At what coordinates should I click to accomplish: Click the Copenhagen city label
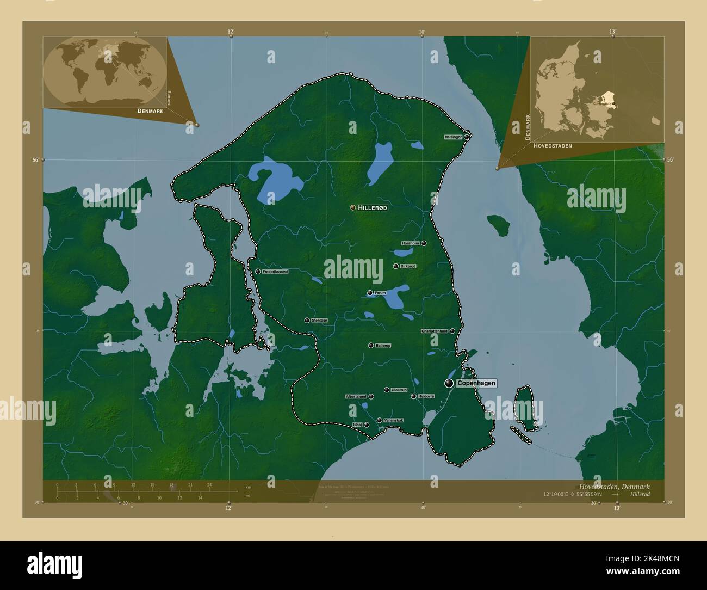click(476, 384)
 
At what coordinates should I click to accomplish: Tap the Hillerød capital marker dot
click(353, 207)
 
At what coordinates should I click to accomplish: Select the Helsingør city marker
click(467, 137)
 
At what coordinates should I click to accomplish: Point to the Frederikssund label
click(275, 271)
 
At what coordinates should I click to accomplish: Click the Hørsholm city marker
click(424, 243)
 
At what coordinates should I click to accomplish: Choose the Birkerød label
click(408, 266)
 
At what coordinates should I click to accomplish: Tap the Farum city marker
click(370, 293)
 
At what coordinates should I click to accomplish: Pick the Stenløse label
click(320, 321)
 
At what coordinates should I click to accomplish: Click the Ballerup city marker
click(371, 345)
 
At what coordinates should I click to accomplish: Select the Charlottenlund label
click(435, 331)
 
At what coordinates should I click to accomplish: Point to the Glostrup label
click(399, 390)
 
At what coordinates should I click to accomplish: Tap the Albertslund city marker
click(371, 397)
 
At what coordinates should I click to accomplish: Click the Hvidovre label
click(426, 396)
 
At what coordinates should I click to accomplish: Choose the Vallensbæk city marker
click(379, 420)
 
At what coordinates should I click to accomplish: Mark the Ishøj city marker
click(367, 425)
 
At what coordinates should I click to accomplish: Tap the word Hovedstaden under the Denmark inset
click(553, 146)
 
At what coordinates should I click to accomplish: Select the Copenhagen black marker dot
click(449, 384)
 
